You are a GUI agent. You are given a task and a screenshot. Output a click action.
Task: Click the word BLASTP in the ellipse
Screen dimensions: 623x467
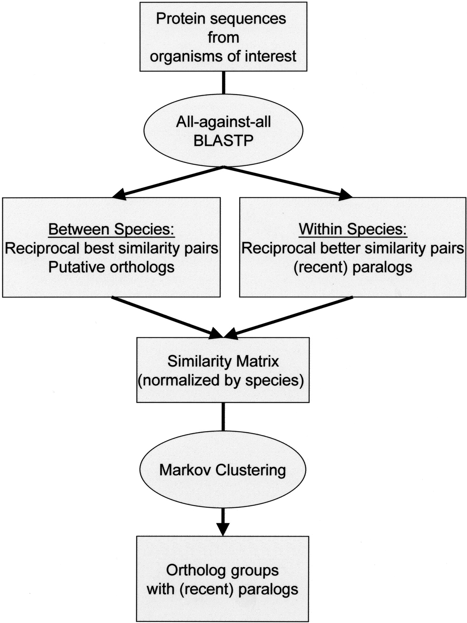tap(223, 141)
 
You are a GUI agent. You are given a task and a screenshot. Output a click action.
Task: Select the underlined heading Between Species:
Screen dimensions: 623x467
tap(111, 229)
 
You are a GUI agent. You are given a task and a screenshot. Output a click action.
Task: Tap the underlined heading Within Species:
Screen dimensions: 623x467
tap(353, 229)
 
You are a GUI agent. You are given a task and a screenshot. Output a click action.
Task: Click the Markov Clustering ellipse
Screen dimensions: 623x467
tap(223, 470)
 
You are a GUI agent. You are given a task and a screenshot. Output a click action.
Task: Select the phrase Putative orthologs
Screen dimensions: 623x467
tap(111, 267)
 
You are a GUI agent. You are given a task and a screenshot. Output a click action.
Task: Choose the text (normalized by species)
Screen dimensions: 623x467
tap(221, 380)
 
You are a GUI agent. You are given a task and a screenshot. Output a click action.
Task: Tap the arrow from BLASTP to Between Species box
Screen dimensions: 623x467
tap(169, 182)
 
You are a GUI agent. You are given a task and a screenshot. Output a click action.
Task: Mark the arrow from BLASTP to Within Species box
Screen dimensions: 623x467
tap(287, 182)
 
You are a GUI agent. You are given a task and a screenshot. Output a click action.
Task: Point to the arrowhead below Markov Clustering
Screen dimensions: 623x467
tap(223, 528)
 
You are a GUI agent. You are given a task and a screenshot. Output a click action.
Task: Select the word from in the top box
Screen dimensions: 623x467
tap(223, 37)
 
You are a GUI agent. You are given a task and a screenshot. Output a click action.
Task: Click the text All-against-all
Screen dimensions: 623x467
tap(223, 122)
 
